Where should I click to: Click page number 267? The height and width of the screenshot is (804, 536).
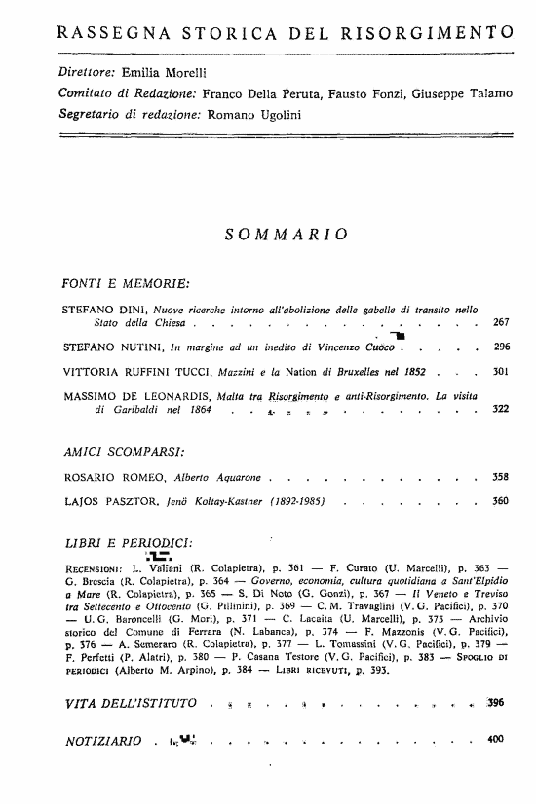(x=502, y=322)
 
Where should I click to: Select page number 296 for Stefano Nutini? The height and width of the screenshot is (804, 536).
(x=502, y=347)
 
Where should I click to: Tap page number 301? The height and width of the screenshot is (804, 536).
(x=502, y=371)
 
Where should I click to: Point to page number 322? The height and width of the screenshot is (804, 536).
(x=502, y=410)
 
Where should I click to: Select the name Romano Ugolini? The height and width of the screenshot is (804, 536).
(x=227, y=114)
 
